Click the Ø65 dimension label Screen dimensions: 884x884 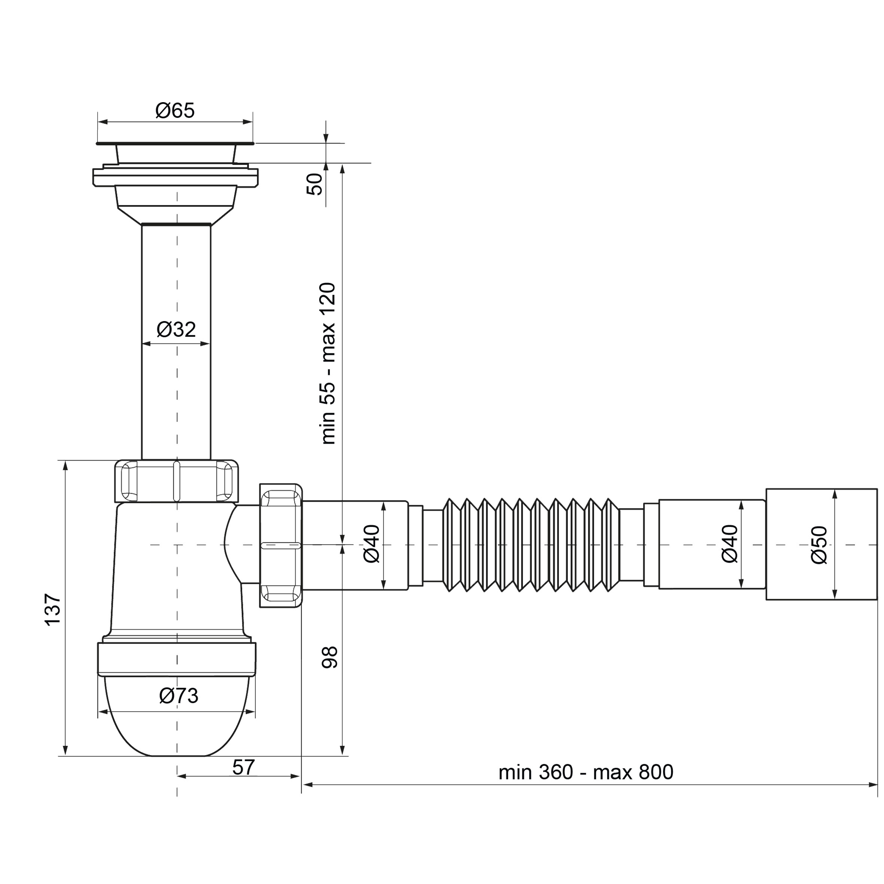175,110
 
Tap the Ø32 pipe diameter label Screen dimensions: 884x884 176,329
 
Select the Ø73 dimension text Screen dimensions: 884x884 179,696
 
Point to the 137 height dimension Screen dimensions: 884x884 53,609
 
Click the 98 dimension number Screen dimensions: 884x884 329,658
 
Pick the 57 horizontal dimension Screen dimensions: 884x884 243,767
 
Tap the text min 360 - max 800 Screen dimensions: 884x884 586,772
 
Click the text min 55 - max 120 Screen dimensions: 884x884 328,364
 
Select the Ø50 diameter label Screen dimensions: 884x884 819,545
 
